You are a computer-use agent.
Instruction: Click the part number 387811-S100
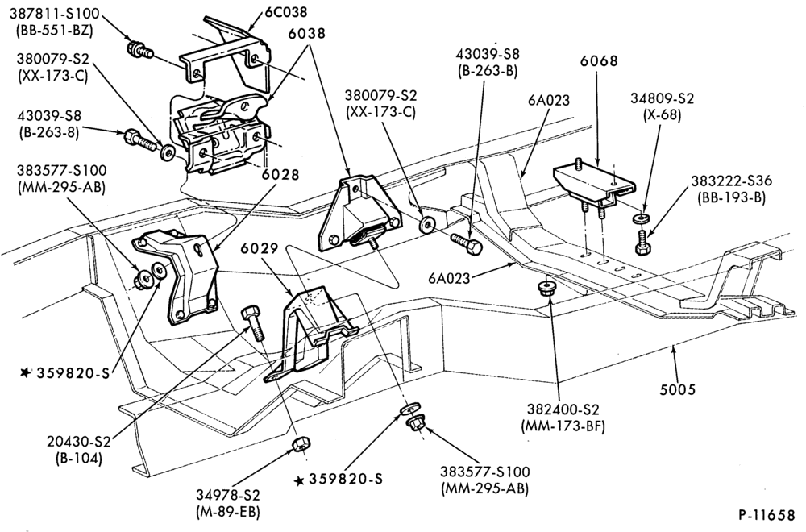pyautogui.click(x=55, y=14)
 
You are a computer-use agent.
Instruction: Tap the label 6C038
pyautogui.click(x=285, y=11)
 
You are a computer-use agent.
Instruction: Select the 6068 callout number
pyautogui.click(x=599, y=60)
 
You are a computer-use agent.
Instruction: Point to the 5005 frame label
pyautogui.click(x=678, y=389)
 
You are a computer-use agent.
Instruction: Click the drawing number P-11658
pyautogui.click(x=767, y=514)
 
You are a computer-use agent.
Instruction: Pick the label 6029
pyautogui.click(x=259, y=249)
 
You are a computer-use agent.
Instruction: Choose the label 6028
pyautogui.click(x=280, y=175)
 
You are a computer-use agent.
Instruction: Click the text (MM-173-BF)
pyautogui.click(x=563, y=426)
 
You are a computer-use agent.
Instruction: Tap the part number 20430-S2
pyautogui.click(x=79, y=442)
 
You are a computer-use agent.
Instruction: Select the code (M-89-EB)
pyautogui.click(x=228, y=511)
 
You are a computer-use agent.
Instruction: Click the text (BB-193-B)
pyautogui.click(x=732, y=197)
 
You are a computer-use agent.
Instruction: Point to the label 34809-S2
pyautogui.click(x=662, y=98)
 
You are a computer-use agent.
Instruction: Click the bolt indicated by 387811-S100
pyautogui.click(x=139, y=49)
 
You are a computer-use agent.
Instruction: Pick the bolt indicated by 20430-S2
pyautogui.click(x=254, y=322)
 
